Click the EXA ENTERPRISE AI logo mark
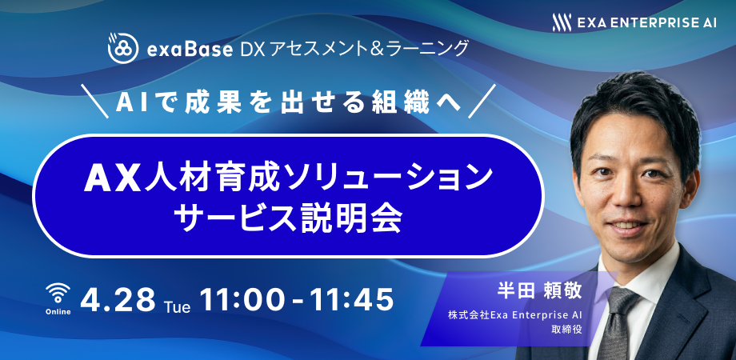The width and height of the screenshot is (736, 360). [562, 22]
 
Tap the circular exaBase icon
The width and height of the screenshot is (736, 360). [122, 48]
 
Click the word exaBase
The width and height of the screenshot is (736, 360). [189, 49]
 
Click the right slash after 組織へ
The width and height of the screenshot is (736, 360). [482, 101]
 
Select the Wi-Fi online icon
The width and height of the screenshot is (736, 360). [58, 294]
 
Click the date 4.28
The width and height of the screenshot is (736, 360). [118, 300]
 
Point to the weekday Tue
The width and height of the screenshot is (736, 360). [178, 307]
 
